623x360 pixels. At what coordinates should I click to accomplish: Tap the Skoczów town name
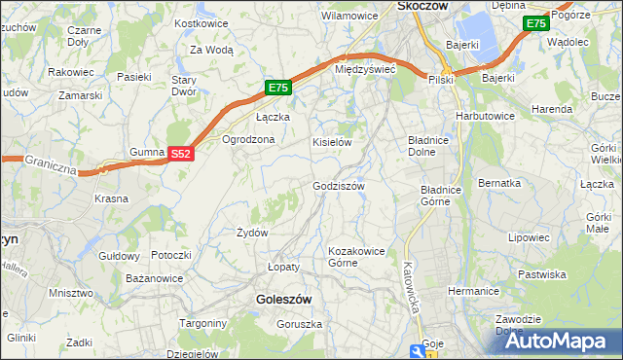tap(422, 6)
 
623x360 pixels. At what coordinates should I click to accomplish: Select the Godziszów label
tap(339, 186)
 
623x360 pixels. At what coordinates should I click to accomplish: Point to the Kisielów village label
tap(331, 142)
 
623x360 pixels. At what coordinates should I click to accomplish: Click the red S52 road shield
tap(181, 154)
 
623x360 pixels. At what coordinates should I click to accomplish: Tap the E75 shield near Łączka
tap(278, 88)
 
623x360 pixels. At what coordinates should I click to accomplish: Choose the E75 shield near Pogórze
tap(534, 23)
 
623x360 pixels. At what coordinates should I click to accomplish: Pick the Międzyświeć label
tap(364, 70)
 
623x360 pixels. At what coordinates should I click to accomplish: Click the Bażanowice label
tap(155, 278)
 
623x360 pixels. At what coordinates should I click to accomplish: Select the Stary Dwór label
tap(184, 86)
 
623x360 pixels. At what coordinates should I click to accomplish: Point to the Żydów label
tap(252, 233)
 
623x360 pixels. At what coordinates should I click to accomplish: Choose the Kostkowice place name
tap(201, 22)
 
